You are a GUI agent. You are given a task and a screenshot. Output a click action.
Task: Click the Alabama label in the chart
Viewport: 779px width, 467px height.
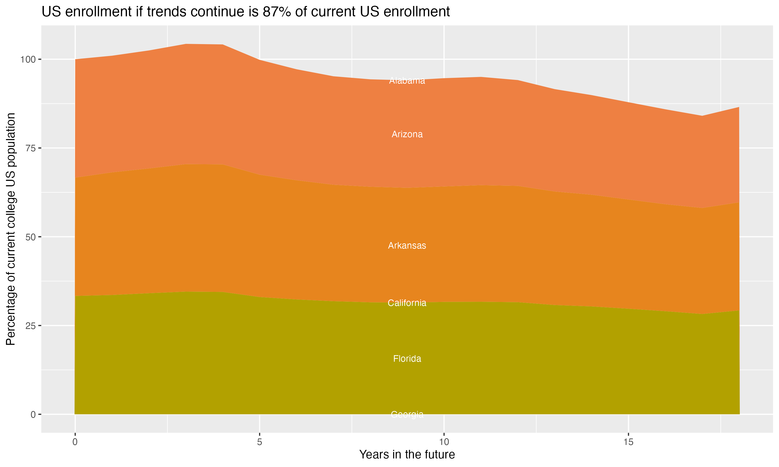coord(407,81)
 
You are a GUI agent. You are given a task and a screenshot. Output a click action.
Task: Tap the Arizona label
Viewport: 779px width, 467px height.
coord(407,134)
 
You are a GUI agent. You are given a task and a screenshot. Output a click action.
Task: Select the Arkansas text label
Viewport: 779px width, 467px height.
coord(407,246)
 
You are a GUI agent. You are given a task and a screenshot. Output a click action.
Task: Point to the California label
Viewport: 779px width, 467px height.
coord(407,303)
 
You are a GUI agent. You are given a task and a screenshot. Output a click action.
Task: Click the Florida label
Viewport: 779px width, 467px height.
coord(407,359)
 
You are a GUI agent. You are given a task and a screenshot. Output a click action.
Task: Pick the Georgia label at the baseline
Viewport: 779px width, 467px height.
coord(407,414)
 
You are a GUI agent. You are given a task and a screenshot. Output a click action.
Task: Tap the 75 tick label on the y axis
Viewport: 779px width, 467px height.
coord(31,148)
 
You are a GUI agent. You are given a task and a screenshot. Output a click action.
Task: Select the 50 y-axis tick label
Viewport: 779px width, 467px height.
coord(31,237)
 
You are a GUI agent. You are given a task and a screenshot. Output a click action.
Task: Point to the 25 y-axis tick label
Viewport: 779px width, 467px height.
coord(31,326)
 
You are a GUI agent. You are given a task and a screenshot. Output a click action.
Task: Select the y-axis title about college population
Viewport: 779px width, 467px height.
coord(11,229)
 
